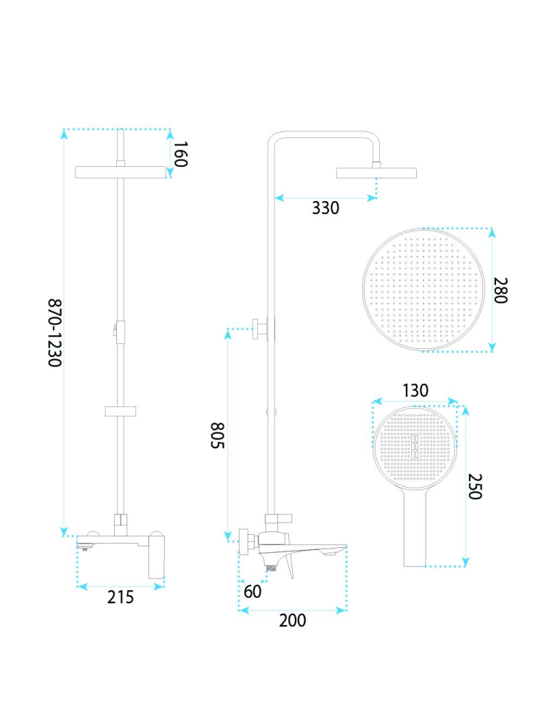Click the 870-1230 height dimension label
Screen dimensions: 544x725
pyautogui.click(x=55, y=332)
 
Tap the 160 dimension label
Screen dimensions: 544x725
pyautogui.click(x=181, y=154)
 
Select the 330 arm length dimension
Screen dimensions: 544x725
pyautogui.click(x=325, y=208)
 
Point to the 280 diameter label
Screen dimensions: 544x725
pyautogui.click(x=501, y=290)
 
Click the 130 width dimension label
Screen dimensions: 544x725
pyautogui.click(x=415, y=390)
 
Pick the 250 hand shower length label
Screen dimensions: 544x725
pyautogui.click(x=475, y=486)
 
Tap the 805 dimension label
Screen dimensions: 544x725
pyautogui.click(x=218, y=435)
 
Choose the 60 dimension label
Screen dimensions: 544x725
pyautogui.click(x=253, y=591)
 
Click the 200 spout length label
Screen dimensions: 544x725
pyautogui.click(x=293, y=620)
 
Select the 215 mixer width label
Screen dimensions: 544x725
pyautogui.click(x=121, y=597)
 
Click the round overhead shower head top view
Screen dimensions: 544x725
pyautogui.click(x=423, y=289)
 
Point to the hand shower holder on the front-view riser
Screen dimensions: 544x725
pyautogui.click(x=121, y=411)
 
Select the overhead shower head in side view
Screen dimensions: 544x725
pyautogui.click(x=376, y=173)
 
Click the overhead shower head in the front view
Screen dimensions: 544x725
pyautogui.click(x=121, y=172)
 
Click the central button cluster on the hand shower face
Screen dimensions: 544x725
pyautogui.click(x=415, y=446)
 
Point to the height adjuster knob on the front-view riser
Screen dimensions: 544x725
pyautogui.click(x=114, y=330)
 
